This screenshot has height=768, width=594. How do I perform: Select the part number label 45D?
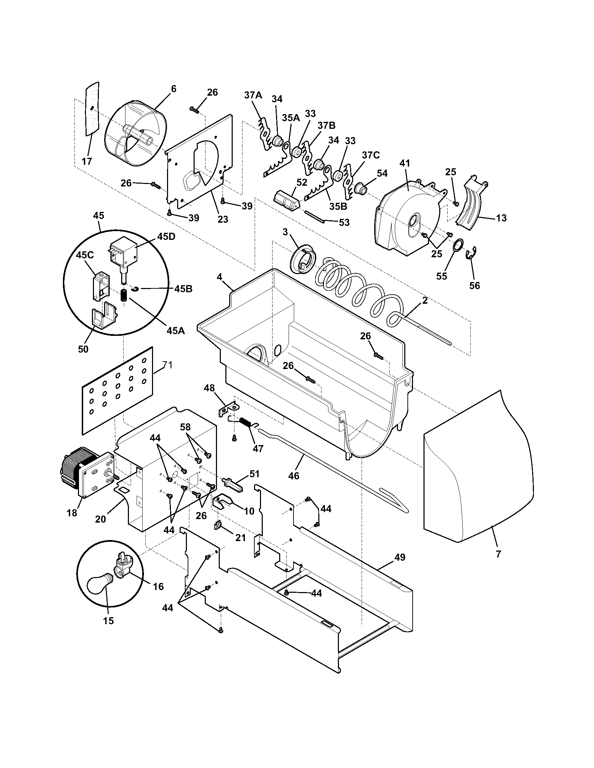tap(166, 237)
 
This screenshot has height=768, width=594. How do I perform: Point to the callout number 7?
tap(498, 555)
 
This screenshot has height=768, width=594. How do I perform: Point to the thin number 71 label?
tap(167, 365)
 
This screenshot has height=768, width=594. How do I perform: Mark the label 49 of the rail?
tap(397, 557)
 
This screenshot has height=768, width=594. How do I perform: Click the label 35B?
tap(338, 206)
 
